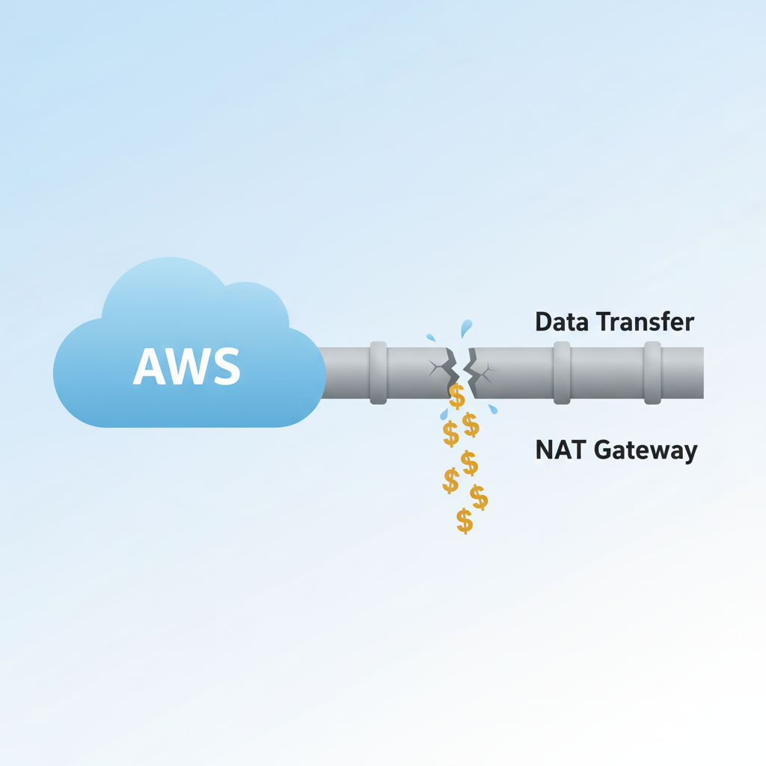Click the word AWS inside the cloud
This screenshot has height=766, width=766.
click(187, 367)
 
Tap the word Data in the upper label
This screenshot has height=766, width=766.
click(562, 322)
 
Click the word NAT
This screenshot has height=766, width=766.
click(560, 450)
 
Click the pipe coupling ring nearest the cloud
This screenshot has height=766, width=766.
click(379, 373)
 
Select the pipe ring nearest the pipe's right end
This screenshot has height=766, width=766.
click(652, 373)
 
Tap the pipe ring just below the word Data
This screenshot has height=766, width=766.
click(562, 373)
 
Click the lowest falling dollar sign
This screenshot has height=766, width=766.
click(465, 521)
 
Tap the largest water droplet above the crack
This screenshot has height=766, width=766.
click(467, 328)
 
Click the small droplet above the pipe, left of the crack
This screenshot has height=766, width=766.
click(431, 337)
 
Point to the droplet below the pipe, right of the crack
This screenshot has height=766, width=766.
click(492, 408)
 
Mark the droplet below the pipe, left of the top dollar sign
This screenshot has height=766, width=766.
click(444, 414)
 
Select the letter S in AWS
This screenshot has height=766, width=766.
click(227, 367)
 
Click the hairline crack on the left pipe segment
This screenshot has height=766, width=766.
click(436, 367)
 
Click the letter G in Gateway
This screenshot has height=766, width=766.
click(605, 451)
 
